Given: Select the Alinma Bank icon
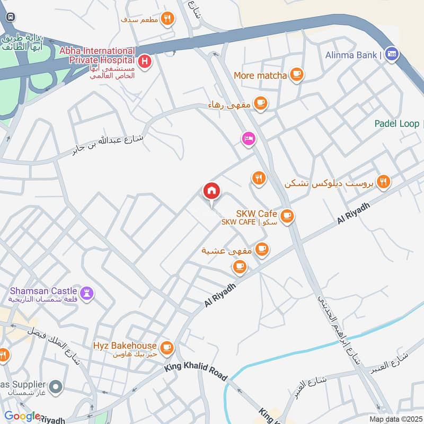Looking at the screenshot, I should pos(392,55).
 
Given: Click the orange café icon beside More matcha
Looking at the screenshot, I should pos(296,76).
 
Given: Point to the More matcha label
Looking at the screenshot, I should pos(260,76).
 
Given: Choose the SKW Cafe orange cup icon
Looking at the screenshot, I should pos(287,216).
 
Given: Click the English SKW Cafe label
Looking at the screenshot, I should pos(257,213).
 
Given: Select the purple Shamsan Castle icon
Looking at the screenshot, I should pos(87,291).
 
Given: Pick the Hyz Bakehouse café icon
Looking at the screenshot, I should pos(167,347).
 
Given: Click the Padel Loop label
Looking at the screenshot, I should pos(397,123).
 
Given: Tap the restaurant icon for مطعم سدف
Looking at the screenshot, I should pos(167,19).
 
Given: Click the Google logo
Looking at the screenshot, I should pos(22,416).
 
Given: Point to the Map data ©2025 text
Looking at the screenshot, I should pos(395,419).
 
